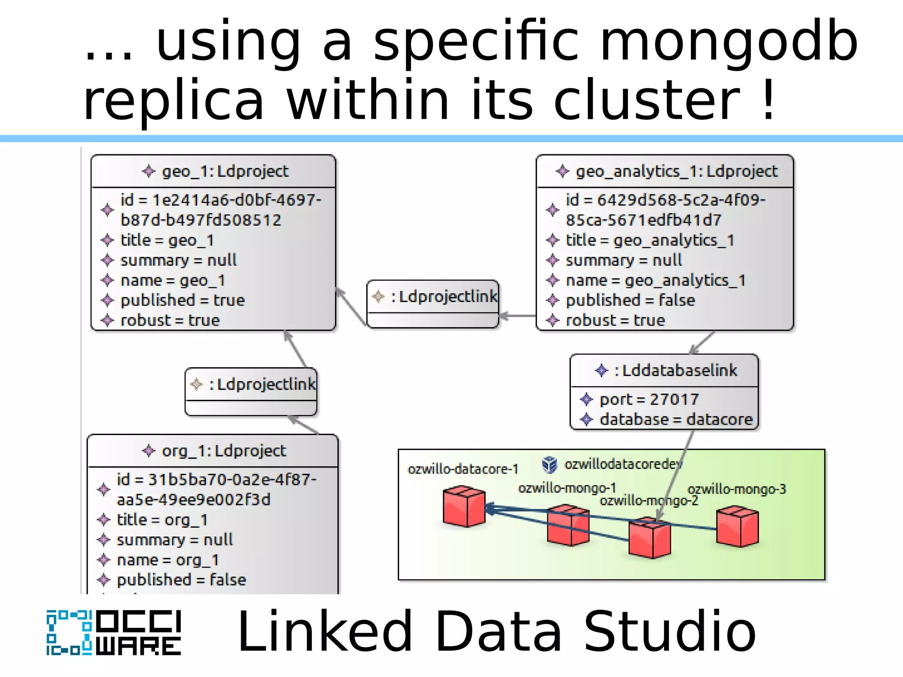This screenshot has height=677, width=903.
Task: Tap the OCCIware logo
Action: (x=114, y=633)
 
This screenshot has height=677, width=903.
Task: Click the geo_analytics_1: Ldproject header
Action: (x=667, y=171)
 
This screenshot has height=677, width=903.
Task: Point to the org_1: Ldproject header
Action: (x=214, y=451)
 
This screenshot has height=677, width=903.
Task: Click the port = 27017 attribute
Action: (x=649, y=399)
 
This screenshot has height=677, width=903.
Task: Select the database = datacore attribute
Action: (x=675, y=419)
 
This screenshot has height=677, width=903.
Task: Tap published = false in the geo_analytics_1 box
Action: (x=630, y=301)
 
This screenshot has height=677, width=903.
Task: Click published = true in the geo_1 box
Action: (x=183, y=301)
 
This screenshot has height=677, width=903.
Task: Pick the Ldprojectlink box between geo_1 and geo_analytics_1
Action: (x=433, y=304)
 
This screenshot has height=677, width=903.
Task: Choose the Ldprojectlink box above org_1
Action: (x=251, y=391)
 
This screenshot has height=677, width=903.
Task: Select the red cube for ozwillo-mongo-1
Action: (x=568, y=525)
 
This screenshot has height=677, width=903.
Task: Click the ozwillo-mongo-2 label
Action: (x=649, y=501)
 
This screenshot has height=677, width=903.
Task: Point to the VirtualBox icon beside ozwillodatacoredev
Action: (x=549, y=464)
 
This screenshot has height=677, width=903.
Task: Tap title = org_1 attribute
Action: (x=162, y=520)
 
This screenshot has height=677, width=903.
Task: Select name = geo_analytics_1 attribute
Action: (x=655, y=281)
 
